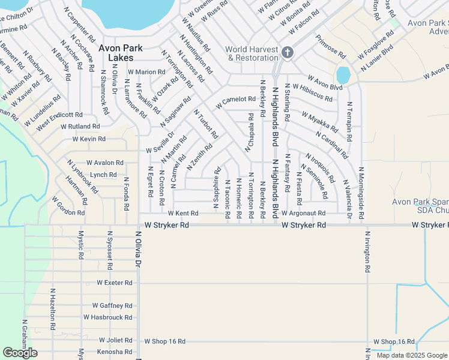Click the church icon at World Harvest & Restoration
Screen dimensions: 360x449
point(287,53)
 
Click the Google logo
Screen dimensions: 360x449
point(19,353)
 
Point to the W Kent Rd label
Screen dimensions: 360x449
point(183,213)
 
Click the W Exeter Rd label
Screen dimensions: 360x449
point(110,283)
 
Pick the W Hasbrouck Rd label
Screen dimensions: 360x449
point(107,317)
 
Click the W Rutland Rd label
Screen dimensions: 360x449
point(80,127)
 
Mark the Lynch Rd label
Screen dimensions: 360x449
point(103,175)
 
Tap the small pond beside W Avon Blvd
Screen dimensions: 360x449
point(343,75)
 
